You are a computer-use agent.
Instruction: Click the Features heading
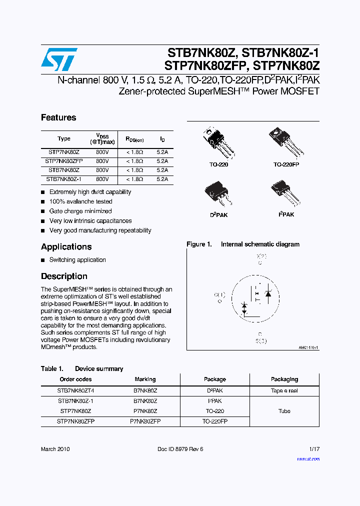(x=58, y=117)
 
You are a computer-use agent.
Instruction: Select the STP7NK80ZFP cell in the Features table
(x=64, y=161)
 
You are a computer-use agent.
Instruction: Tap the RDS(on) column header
(x=134, y=139)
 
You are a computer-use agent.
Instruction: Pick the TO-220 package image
(x=218, y=142)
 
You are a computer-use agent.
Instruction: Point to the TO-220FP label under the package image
(x=286, y=164)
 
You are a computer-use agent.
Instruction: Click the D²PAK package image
(x=218, y=194)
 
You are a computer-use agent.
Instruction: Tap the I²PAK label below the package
(x=286, y=214)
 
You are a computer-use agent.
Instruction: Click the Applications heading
(x=66, y=246)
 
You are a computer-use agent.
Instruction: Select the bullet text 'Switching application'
(x=77, y=260)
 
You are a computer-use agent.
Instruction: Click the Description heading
(x=64, y=276)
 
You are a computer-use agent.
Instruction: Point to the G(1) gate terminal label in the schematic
(x=219, y=294)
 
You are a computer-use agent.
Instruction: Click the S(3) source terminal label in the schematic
(x=260, y=341)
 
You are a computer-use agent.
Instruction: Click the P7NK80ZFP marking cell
(x=145, y=421)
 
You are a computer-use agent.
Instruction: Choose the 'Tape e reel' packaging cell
(x=284, y=391)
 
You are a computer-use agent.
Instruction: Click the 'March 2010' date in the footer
(x=55, y=449)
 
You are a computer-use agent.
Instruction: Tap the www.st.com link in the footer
(x=307, y=458)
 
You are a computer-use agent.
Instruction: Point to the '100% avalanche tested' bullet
(x=80, y=201)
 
